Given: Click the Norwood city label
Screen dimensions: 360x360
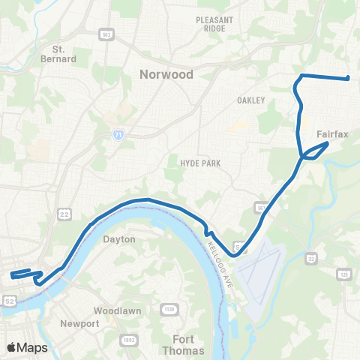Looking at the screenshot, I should pyautogui.click(x=166, y=74).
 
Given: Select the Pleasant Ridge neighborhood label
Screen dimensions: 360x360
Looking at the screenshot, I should pyautogui.click(x=214, y=24).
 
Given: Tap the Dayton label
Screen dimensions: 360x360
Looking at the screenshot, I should pyautogui.click(x=120, y=239).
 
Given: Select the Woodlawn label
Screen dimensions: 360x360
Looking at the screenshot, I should pyautogui.click(x=112, y=310).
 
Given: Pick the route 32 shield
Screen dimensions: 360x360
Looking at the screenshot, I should pyautogui.click(x=310, y=259).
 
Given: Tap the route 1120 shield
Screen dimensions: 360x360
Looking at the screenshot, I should pyautogui.click(x=169, y=308).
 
